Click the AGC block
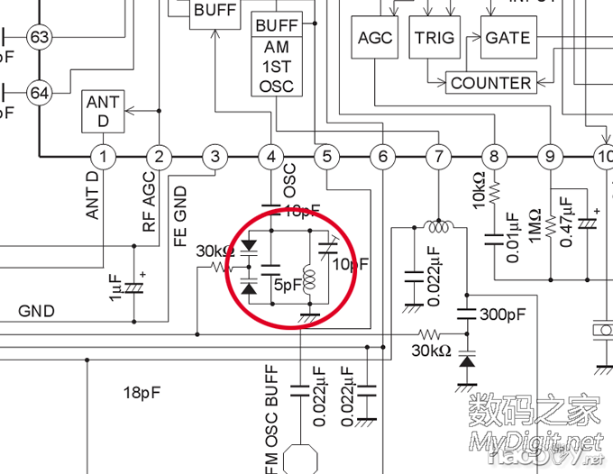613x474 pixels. click(x=375, y=38)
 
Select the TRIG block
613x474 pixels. click(x=435, y=38)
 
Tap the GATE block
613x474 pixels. click(x=508, y=38)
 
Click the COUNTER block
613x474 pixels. click(x=490, y=83)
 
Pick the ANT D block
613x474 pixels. click(x=103, y=112)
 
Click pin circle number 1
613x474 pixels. click(x=104, y=158)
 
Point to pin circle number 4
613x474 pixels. click(x=270, y=158)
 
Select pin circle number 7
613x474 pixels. click(x=438, y=158)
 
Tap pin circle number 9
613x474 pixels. click(x=549, y=158)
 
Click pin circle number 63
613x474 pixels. click(x=39, y=37)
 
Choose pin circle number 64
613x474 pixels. click(x=39, y=92)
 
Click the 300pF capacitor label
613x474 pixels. click(x=503, y=315)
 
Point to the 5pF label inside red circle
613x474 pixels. click(x=288, y=285)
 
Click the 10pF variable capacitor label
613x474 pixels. click(x=351, y=264)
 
